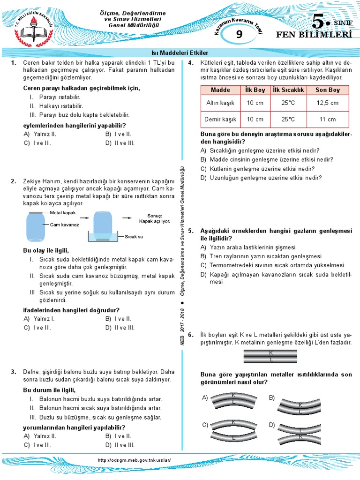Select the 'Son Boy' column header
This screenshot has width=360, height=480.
coord(327,90)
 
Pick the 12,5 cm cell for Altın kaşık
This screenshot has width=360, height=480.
coord(327,103)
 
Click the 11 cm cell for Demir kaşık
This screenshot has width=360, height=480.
coord(327,119)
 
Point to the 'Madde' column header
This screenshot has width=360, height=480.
coord(220,90)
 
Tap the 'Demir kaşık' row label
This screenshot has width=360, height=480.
coord(220,119)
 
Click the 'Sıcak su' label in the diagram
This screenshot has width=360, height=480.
coord(134,236)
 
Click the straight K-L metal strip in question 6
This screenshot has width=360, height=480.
coord(270,356)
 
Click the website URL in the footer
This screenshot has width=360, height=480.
coord(135,460)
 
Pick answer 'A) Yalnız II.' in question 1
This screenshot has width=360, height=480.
coord(40,134)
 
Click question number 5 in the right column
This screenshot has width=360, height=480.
coord(190,231)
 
